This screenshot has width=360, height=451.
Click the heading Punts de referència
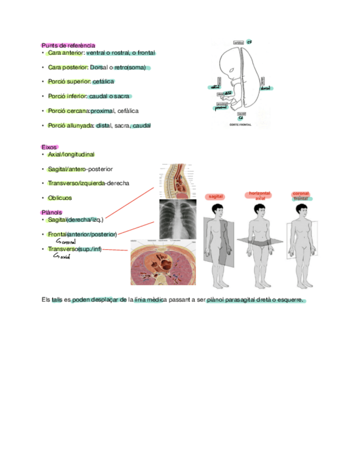point(68,46)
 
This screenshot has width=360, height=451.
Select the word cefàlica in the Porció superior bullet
point(103,82)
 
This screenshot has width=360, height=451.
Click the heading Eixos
point(49,147)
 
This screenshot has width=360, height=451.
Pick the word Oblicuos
point(60,198)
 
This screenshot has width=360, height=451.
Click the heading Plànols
point(51,212)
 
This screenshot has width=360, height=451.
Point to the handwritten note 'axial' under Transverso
point(63,257)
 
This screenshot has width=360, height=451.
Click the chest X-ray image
point(178,219)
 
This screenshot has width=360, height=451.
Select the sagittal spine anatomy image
point(178,180)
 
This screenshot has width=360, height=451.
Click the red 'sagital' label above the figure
point(215,197)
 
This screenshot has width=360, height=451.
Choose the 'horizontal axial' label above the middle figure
point(260,196)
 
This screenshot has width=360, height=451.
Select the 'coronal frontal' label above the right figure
point(301,196)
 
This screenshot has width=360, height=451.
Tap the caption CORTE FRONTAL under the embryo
point(240,124)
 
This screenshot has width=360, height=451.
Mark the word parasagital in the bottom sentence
point(240,300)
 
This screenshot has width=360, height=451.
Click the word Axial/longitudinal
point(71,154)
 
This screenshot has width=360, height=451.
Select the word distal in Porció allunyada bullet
point(104,126)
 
